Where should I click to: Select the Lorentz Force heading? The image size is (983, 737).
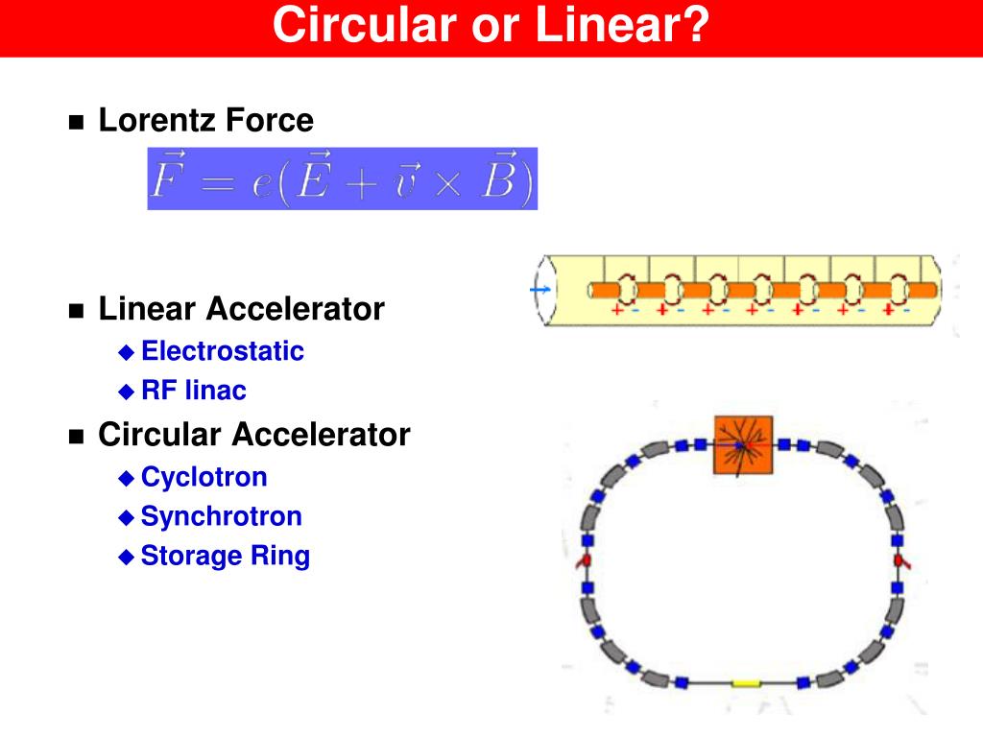pyautogui.click(x=205, y=121)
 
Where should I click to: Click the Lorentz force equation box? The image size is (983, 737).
pyautogui.click(x=342, y=178)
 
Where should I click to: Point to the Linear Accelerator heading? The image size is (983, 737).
pyautogui.click(x=241, y=309)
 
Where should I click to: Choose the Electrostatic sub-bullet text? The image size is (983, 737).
pyautogui.click(x=222, y=351)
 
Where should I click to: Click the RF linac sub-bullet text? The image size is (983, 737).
pyautogui.click(x=193, y=391)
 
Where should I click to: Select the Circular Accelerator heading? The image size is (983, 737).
pyautogui.click(x=253, y=435)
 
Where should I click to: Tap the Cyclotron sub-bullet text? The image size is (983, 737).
pyautogui.click(x=204, y=477)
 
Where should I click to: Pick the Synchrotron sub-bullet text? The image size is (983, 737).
pyautogui.click(x=221, y=516)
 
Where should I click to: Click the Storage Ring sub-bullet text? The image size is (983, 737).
pyautogui.click(x=225, y=556)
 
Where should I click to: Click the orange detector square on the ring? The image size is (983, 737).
pyautogui.click(x=743, y=444)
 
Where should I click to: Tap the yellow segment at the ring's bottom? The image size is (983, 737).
pyautogui.click(x=746, y=683)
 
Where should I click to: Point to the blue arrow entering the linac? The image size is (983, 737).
pyautogui.click(x=541, y=289)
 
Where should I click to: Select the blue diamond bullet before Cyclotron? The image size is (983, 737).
pyautogui.click(x=126, y=477)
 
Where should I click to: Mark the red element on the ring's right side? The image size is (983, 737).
pyautogui.click(x=900, y=560)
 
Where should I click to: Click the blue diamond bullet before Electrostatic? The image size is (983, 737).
pyautogui.click(x=126, y=351)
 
